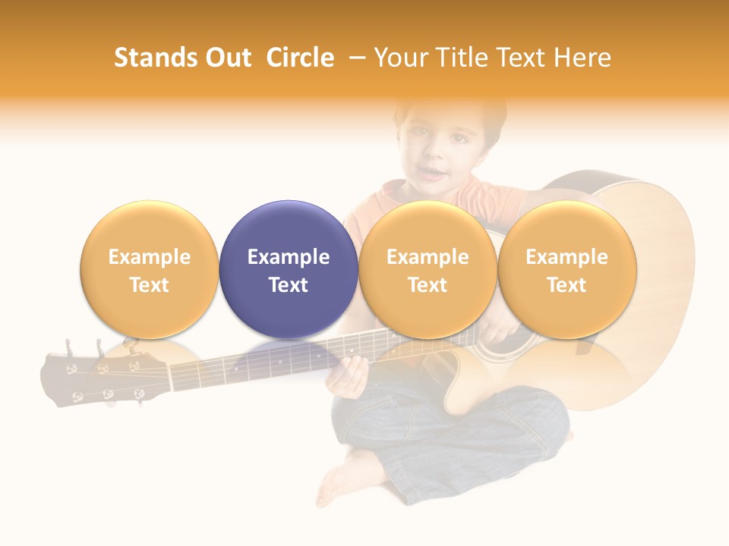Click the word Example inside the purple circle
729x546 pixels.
click(289, 257)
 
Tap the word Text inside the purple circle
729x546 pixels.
click(289, 285)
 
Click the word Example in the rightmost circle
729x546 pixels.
click(566, 257)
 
